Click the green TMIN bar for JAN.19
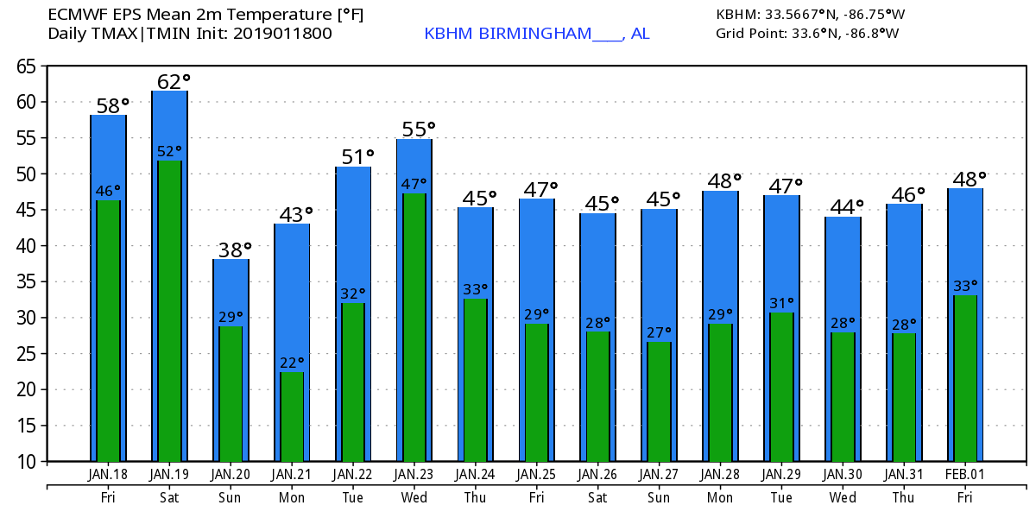point(169,311)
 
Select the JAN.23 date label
point(414,475)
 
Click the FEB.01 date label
point(965,475)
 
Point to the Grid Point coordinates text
point(807,34)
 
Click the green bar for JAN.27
point(659,401)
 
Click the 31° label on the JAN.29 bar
point(781,303)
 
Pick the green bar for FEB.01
point(965,378)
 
